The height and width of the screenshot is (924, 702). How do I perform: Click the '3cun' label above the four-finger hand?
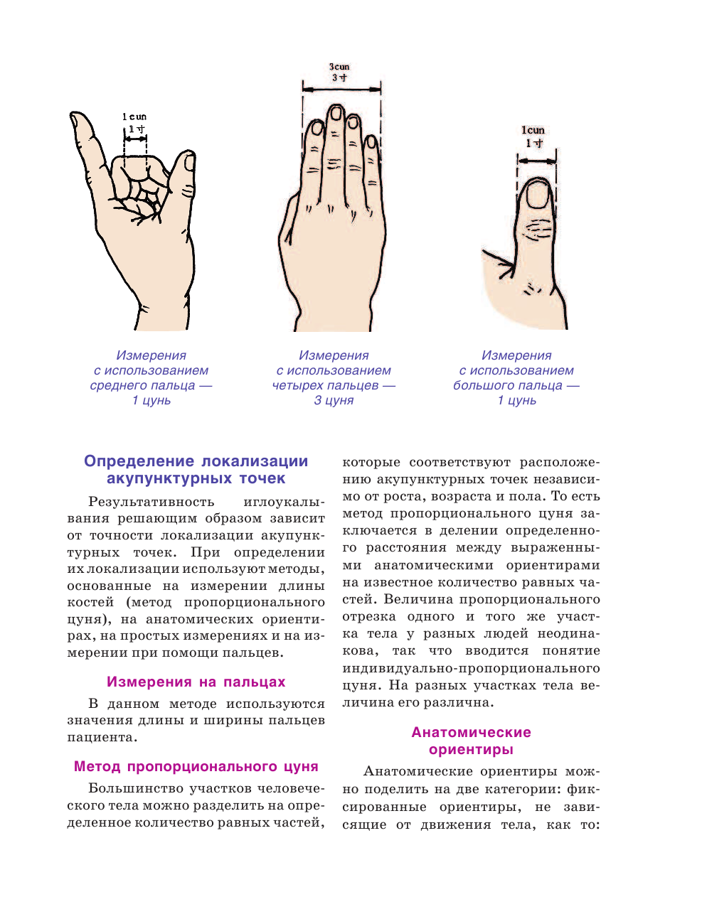(x=339, y=67)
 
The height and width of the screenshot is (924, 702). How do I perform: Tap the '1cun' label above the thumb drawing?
(x=533, y=130)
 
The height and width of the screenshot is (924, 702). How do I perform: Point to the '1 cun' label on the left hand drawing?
(x=134, y=117)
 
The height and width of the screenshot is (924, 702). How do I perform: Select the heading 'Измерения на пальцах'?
(x=196, y=682)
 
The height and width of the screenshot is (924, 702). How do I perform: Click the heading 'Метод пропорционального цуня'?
(x=196, y=766)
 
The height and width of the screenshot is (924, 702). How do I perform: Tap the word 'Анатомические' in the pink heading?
(x=471, y=732)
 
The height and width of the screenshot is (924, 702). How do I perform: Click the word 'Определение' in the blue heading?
(x=139, y=461)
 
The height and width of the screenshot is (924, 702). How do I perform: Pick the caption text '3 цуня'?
(x=334, y=400)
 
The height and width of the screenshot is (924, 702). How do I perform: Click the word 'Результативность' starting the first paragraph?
(x=151, y=502)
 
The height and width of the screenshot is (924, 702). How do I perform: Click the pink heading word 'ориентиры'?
(x=471, y=749)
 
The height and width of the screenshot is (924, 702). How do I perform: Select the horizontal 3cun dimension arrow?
(x=341, y=88)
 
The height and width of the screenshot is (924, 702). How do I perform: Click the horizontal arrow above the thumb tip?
(x=537, y=161)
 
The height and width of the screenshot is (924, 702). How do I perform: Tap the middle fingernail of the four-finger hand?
(x=335, y=114)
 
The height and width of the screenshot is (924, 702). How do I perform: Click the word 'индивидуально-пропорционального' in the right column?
(x=471, y=668)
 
